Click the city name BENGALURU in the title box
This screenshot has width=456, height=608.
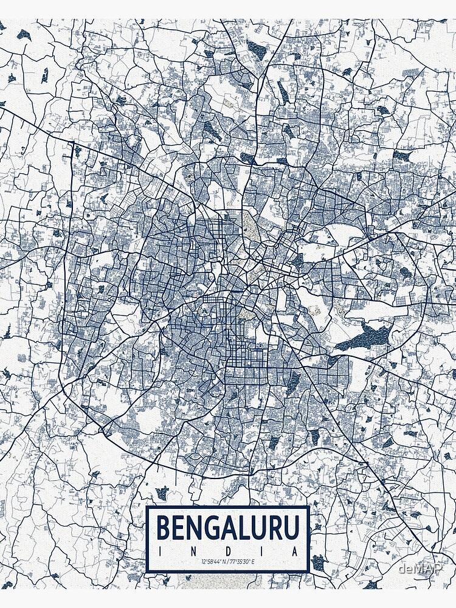(x=229, y=527)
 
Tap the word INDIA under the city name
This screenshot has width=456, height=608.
(x=229, y=551)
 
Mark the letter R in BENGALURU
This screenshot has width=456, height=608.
(x=275, y=527)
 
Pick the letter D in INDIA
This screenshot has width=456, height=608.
(x=229, y=551)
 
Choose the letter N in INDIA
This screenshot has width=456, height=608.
(x=194, y=551)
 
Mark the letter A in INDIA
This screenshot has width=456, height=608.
(x=296, y=551)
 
